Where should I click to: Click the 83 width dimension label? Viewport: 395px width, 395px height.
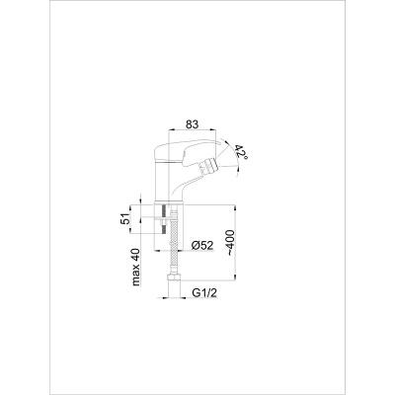click(x=193, y=124)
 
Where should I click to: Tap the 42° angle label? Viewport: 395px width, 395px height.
click(x=241, y=153)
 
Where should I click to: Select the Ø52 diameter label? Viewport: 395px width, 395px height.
click(x=202, y=245)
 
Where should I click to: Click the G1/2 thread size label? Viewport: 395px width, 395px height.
click(x=204, y=293)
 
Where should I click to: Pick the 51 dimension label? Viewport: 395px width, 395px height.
click(x=125, y=218)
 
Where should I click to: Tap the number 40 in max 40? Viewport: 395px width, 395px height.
click(x=136, y=255)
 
